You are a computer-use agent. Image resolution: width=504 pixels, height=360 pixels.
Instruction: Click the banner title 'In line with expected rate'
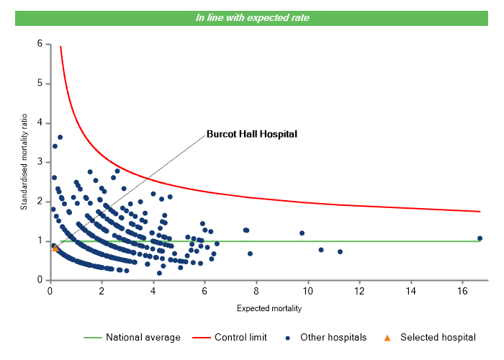tap(252, 18)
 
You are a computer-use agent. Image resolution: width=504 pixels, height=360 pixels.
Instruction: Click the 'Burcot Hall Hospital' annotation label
tap(251, 133)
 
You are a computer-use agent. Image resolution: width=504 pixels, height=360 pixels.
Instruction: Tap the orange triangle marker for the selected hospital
tap(56, 248)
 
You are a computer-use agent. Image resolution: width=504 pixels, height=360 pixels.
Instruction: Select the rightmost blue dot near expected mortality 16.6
tap(480, 238)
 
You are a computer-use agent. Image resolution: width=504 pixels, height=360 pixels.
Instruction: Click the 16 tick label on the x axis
tap(463, 291)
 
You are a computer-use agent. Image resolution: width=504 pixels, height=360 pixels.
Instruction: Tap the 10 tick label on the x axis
tap(308, 291)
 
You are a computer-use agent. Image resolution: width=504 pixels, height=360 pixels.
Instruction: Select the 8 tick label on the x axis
tap(256, 291)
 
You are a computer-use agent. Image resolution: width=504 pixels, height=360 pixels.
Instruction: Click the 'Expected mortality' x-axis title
tap(269, 309)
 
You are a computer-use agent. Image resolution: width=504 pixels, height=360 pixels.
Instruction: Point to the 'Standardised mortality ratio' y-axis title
tap(24, 162)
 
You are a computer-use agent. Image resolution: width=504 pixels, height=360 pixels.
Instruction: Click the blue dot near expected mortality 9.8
tap(302, 233)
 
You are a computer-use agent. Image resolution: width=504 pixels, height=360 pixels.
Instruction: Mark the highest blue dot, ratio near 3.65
tap(60, 137)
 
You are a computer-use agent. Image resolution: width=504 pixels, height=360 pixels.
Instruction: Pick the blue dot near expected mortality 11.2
tap(340, 251)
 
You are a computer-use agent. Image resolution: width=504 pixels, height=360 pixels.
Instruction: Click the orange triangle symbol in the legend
tap(387, 337)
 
